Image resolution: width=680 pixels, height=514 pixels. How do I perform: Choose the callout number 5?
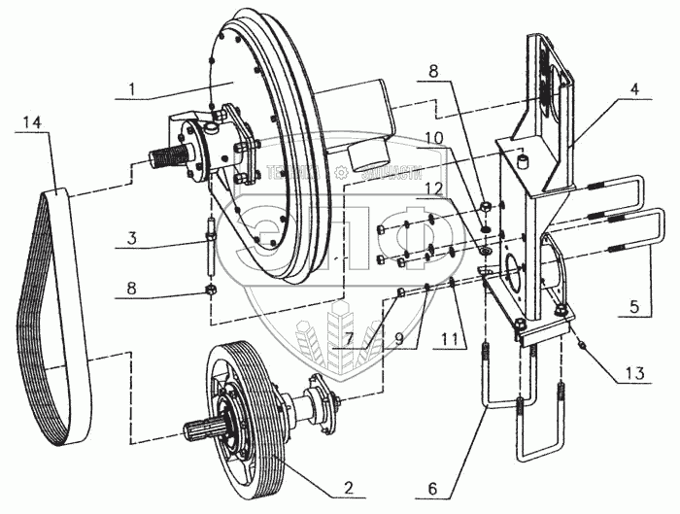tap(633, 303)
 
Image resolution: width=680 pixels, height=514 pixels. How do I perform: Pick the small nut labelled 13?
tap(581, 346)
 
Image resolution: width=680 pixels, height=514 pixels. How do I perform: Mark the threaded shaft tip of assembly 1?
tap(165, 155)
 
